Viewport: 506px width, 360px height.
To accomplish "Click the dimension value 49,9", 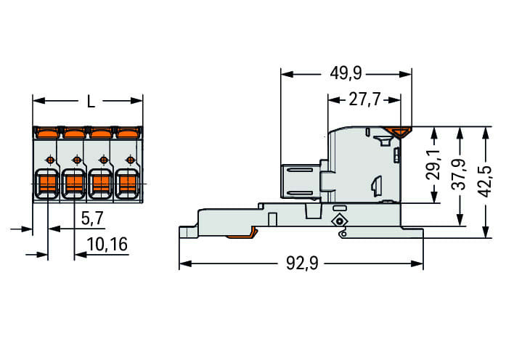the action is coord(346,73).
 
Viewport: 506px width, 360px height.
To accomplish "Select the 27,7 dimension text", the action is coord(364,99).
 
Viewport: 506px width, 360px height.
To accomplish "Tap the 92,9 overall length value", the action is coord(302,263).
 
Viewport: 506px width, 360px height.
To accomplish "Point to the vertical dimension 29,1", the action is coord(433,164).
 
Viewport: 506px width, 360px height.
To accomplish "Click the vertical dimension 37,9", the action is coord(459,174).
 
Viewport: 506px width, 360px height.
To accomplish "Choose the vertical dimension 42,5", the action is coord(484,181).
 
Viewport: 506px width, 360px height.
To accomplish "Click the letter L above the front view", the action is coord(91,102).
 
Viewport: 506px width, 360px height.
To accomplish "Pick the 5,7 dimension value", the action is coord(92,218).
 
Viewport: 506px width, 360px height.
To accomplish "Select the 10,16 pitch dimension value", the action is coord(107,244).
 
